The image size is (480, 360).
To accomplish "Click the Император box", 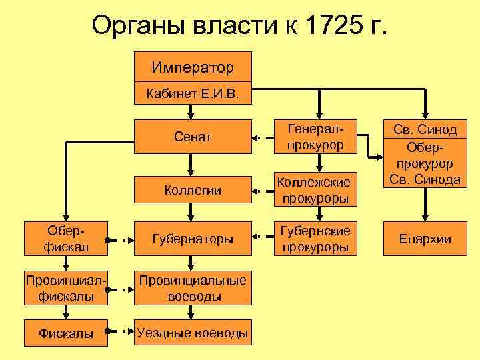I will pos(193,67).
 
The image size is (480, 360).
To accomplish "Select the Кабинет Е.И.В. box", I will pos(193,94).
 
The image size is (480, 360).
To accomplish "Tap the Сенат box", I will pos(193,138).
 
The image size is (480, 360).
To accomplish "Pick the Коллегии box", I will pos(193,190).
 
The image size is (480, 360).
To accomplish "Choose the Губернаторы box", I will pos(193,239).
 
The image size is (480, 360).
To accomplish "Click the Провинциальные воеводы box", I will pos(193,289).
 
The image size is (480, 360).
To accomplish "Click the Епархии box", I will pos(425,239).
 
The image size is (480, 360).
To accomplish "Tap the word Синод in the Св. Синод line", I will pos(438,129).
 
